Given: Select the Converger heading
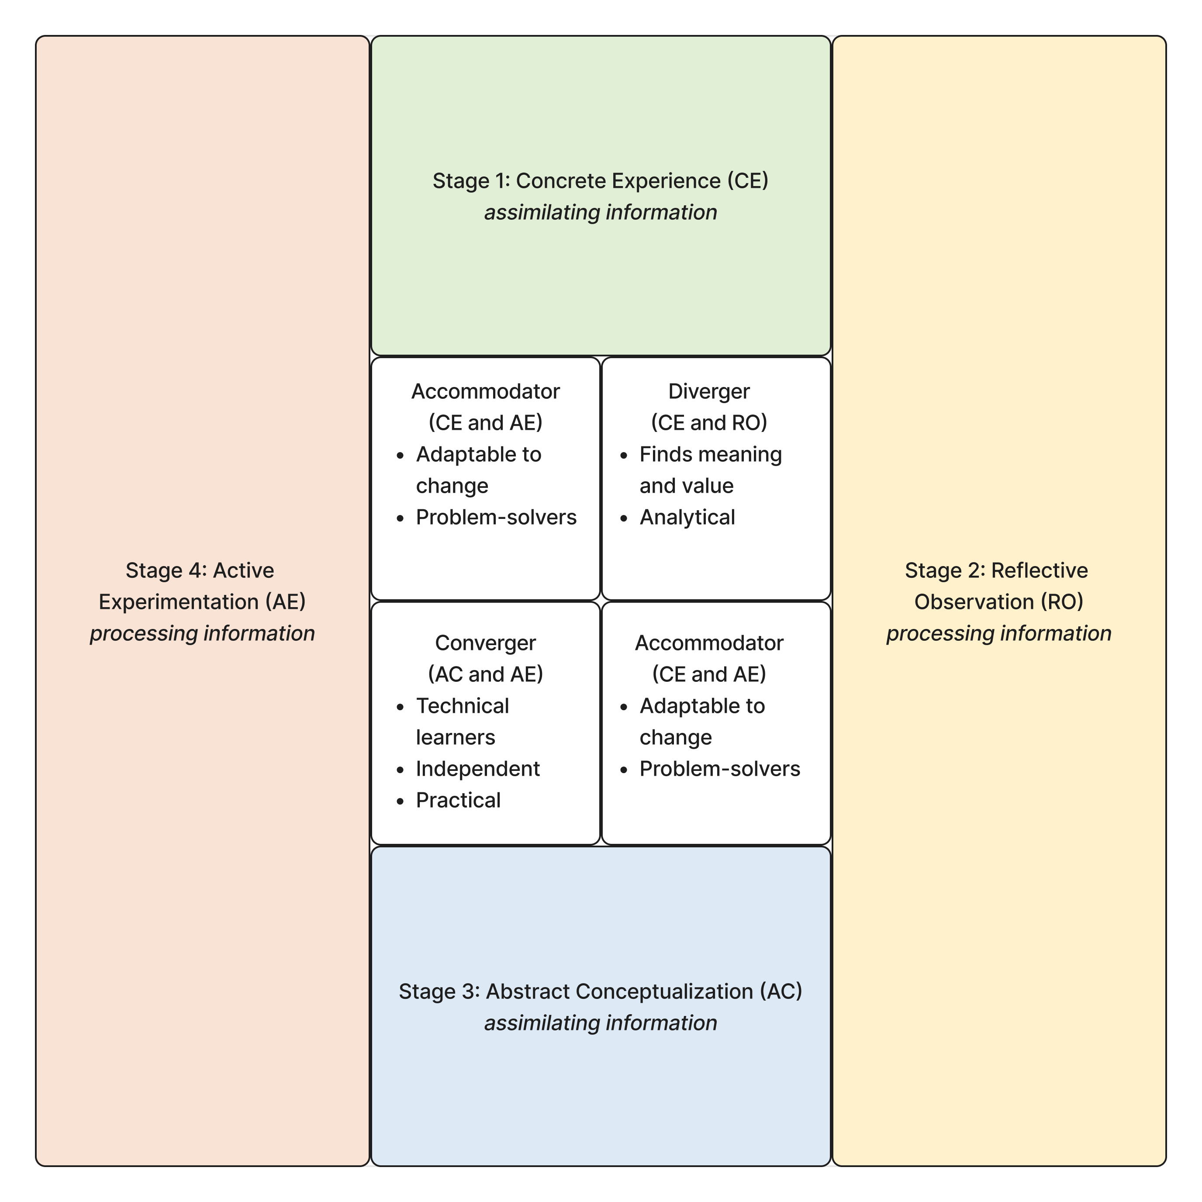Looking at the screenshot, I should pyautogui.click(x=485, y=642).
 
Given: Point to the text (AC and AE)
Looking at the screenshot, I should pyautogui.click(x=485, y=674).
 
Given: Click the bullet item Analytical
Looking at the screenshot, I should pyautogui.click(x=687, y=517).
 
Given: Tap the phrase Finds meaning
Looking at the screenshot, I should pyautogui.click(x=711, y=454).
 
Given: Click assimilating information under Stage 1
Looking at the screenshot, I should pyautogui.click(x=601, y=212).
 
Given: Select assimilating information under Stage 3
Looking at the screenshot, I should pyautogui.click(x=601, y=1023).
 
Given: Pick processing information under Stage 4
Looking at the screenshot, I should pyautogui.click(x=202, y=633).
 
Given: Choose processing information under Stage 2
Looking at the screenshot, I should pyautogui.click(x=998, y=633).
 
